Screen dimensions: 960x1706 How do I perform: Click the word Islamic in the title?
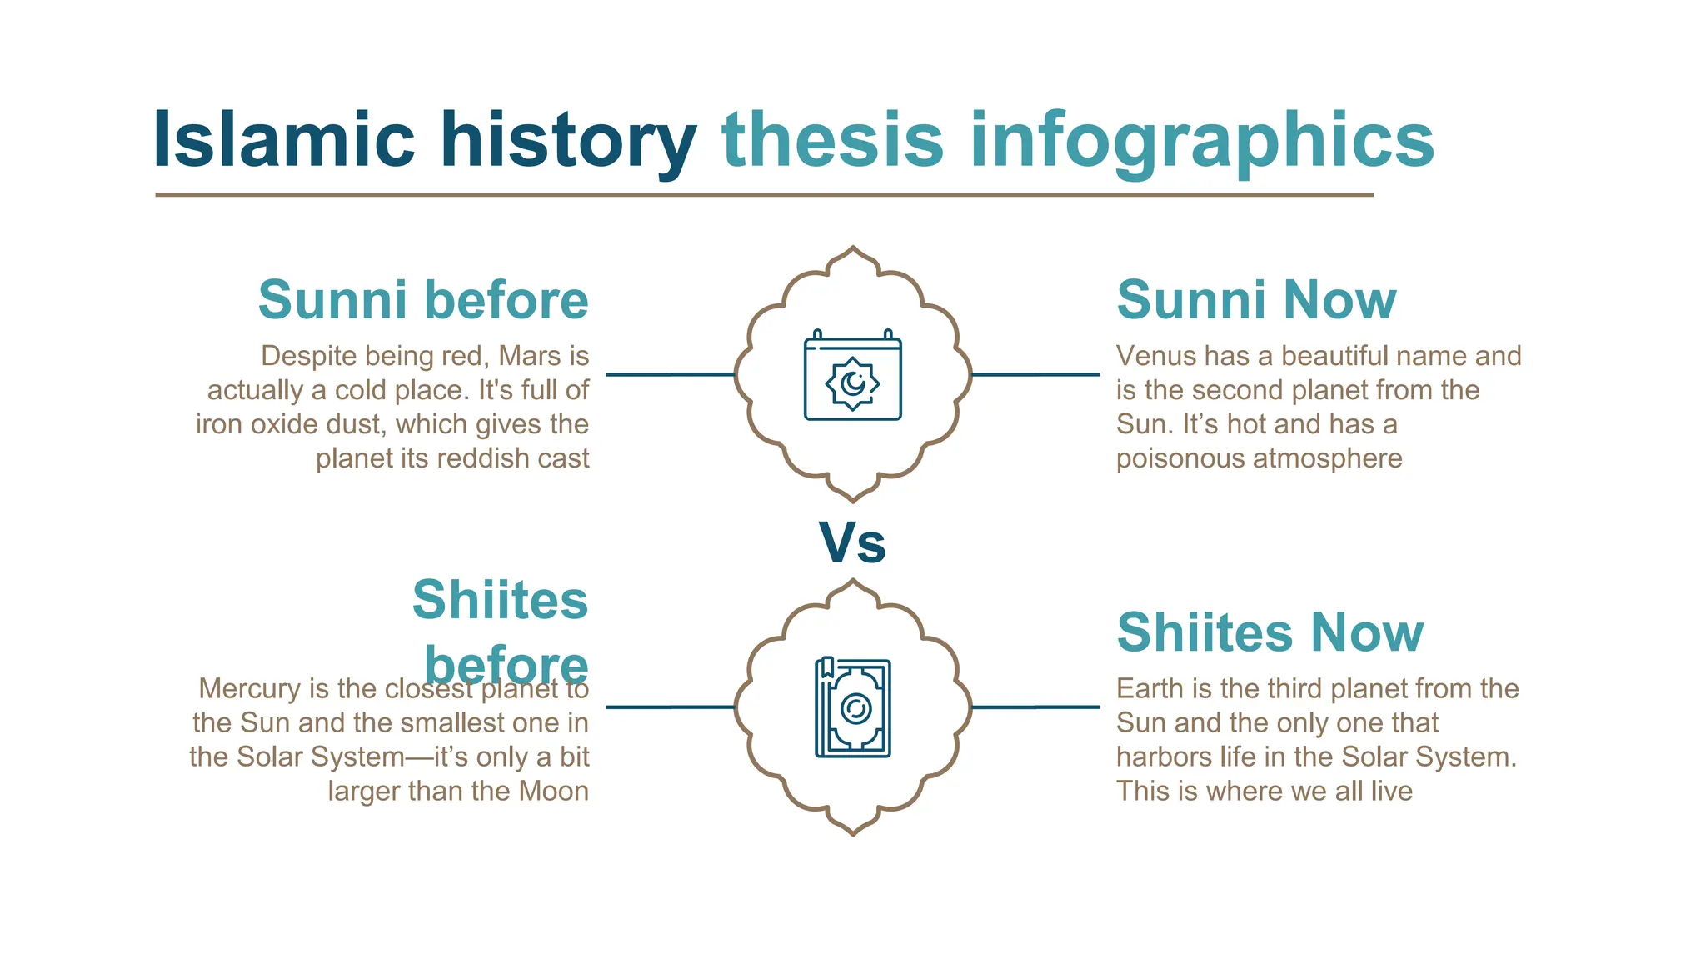[283, 140]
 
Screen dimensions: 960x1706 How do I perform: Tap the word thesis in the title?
[832, 140]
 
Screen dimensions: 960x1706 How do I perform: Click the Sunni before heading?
[423, 300]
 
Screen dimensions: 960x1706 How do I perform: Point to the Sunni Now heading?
[1256, 300]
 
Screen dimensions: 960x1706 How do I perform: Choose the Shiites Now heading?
[1270, 632]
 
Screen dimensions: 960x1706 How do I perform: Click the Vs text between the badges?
[852, 543]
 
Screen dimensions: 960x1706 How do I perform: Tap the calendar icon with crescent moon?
[852, 376]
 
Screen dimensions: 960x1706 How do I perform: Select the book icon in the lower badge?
[852, 708]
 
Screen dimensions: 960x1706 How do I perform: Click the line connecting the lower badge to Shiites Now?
[1035, 707]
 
